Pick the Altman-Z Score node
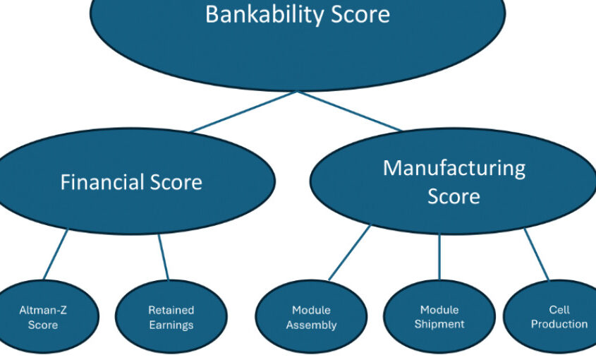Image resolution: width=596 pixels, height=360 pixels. pos(42,317)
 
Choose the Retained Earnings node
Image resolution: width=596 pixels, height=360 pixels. pos(171,317)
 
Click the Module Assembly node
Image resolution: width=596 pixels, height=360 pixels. pos(311,318)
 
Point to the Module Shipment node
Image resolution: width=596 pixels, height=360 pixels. pos(439,317)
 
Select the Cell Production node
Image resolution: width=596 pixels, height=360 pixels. pos(559,317)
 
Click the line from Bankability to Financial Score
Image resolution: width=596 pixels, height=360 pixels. pos(243,112)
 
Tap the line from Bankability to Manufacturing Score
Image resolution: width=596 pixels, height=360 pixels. pos(350,112)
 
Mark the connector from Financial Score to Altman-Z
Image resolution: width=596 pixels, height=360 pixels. pos(56,255)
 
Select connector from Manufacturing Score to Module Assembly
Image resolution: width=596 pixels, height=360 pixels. pos(349,253)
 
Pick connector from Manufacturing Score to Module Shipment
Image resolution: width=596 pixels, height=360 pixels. pos(439,256)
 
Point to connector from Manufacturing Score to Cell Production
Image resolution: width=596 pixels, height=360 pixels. pos(536,255)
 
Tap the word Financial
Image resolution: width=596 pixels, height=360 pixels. pos(102,182)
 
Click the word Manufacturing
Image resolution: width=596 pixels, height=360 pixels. pos(454,168)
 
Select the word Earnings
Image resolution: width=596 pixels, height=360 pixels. pos(171,325)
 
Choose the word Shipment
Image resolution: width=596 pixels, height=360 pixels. pos(439,325)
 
